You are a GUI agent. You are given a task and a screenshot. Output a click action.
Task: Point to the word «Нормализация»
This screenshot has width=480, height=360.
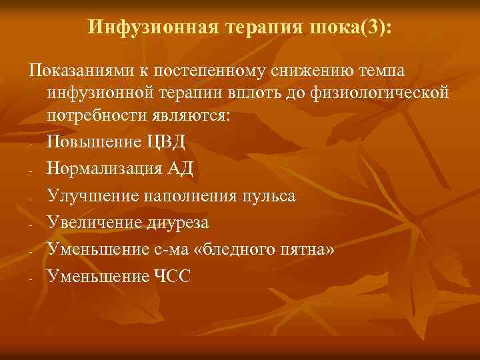104,168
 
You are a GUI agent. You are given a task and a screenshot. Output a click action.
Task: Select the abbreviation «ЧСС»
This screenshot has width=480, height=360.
173,275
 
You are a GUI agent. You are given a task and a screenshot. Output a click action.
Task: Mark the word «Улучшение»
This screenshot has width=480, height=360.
90,195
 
